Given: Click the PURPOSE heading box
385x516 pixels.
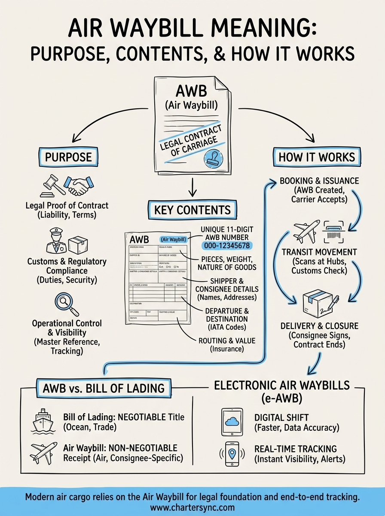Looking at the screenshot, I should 68,156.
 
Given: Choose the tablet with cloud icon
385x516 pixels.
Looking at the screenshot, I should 233,422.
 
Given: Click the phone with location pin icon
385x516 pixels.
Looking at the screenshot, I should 233,454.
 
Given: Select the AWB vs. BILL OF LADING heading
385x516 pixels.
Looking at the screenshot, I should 104,388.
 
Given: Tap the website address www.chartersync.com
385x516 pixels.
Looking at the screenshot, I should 192,507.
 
